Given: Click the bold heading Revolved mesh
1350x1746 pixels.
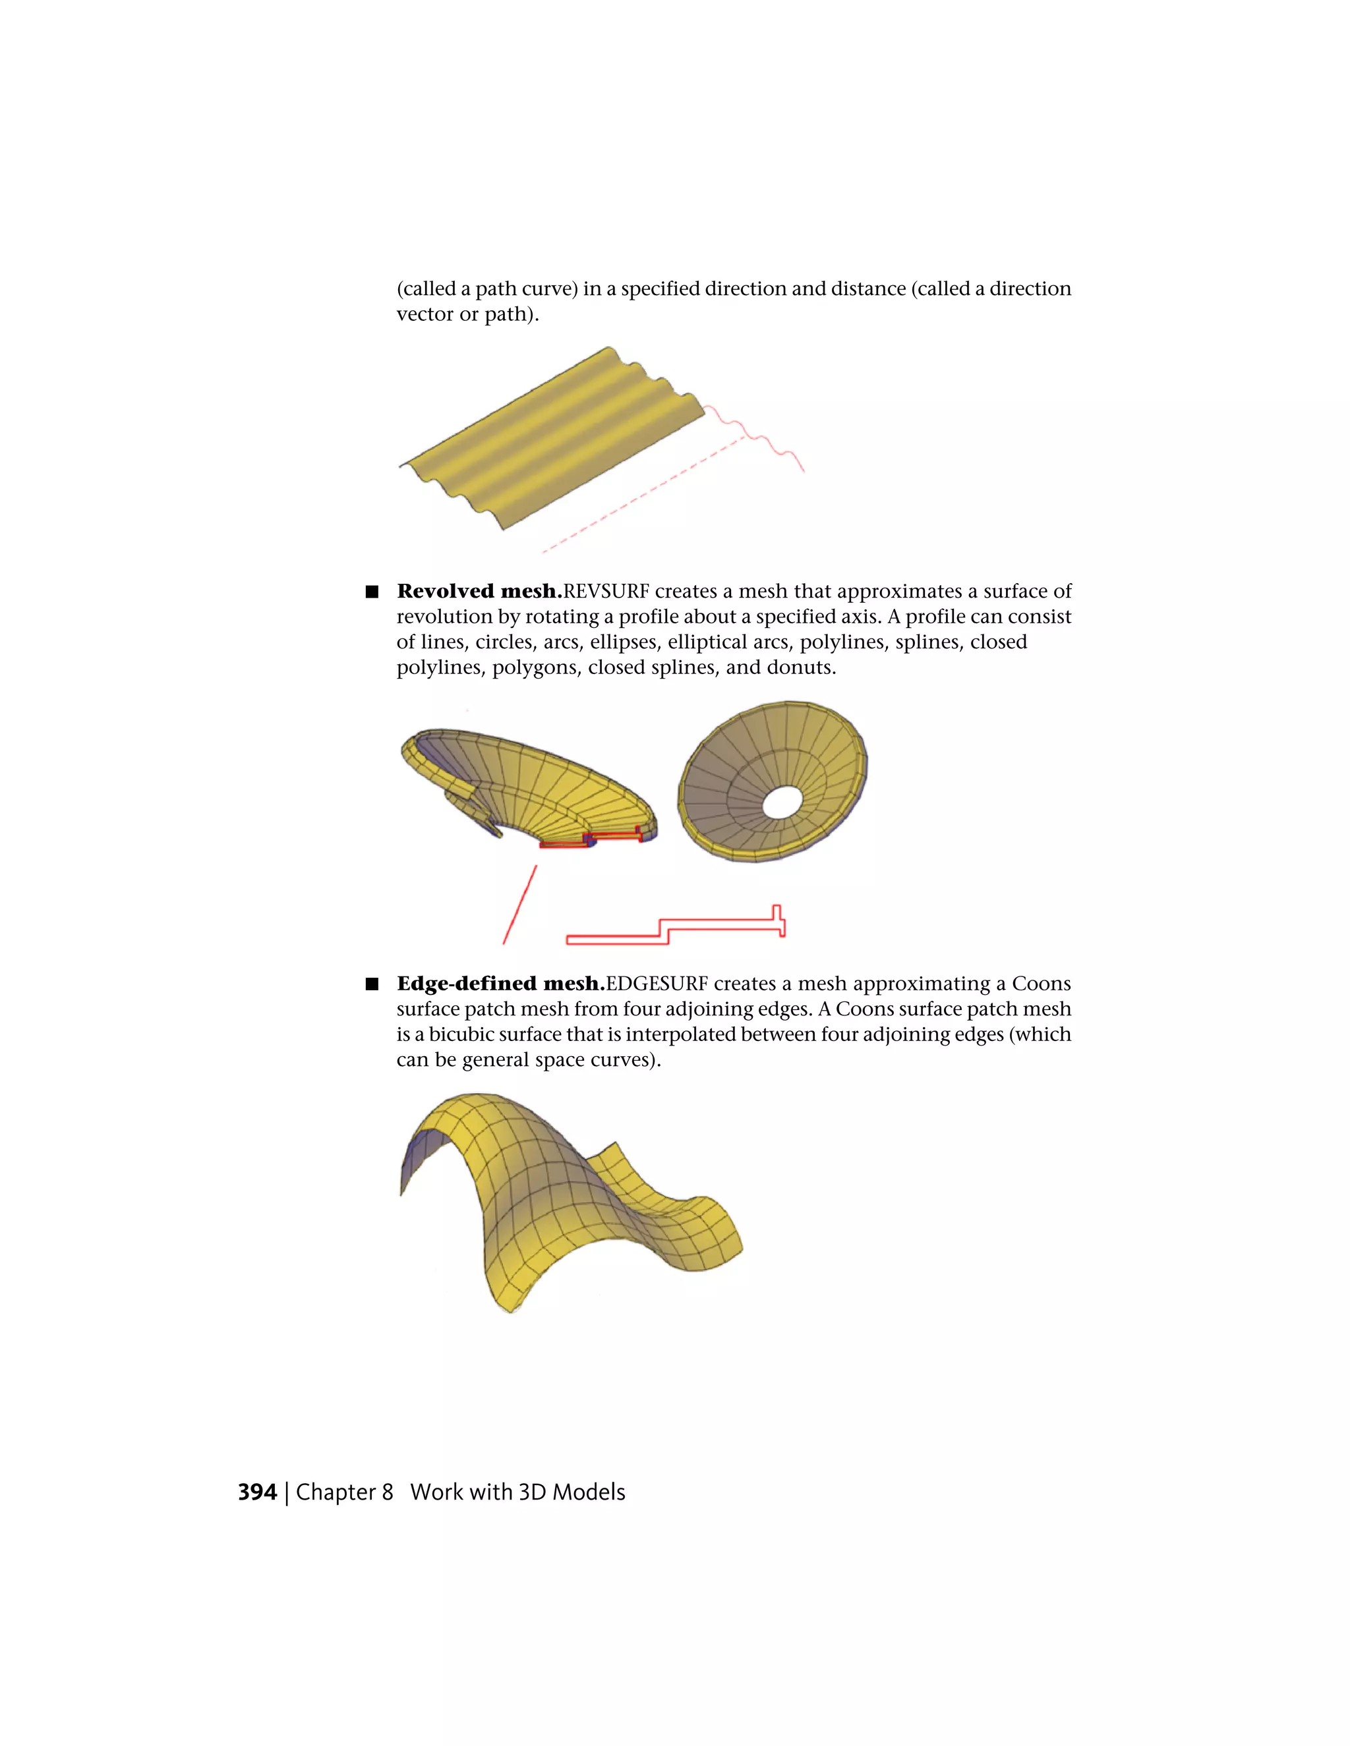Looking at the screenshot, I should (x=479, y=591).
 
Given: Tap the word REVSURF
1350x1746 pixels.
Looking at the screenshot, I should (x=605, y=591).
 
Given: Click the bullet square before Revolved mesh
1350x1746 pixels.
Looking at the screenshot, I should (x=371, y=592).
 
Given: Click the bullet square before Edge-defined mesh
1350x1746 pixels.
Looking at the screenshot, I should (x=371, y=984).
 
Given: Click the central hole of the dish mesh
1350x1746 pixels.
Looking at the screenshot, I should (x=781, y=802).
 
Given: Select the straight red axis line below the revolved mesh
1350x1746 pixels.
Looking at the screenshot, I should (x=520, y=904).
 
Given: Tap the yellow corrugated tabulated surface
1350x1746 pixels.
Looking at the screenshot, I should (x=552, y=436).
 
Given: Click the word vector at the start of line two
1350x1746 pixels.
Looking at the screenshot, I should (x=425, y=314).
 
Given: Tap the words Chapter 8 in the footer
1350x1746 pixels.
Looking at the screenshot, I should (x=344, y=1492).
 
